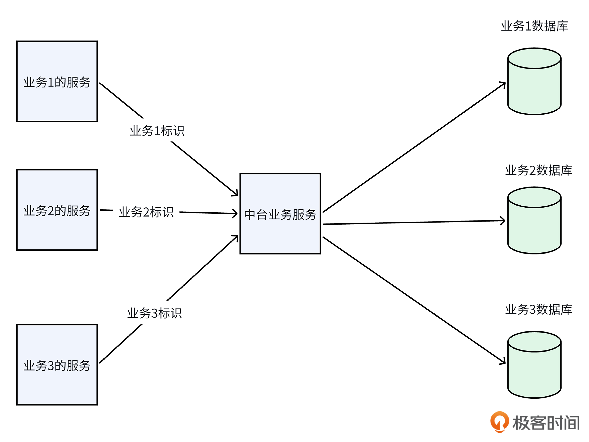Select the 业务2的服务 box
[x=57, y=210]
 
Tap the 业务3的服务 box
[x=57, y=365]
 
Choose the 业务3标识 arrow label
[x=154, y=313]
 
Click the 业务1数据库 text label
[x=534, y=26]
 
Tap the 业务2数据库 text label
[x=539, y=170]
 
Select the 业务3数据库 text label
[x=539, y=309]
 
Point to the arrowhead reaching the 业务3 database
[x=503, y=362]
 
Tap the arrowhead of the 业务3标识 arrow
[x=236, y=238]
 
